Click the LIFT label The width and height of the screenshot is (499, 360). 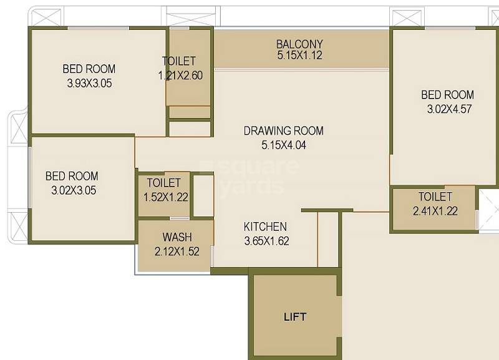[295, 316]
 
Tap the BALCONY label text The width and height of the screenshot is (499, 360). [299, 44]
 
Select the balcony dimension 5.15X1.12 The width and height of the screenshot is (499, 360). [299, 56]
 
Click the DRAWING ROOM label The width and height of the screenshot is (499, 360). [284, 131]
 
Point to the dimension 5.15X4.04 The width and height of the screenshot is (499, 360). [284, 145]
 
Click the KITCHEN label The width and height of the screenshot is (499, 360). [265, 226]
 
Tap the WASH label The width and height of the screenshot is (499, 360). [177, 238]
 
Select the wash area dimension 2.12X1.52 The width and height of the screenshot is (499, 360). [177, 251]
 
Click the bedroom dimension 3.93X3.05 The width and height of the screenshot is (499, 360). [89, 82]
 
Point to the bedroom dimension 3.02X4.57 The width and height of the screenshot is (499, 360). [448, 109]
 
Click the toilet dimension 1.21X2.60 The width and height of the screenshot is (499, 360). [180, 75]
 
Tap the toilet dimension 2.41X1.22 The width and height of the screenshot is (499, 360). [435, 211]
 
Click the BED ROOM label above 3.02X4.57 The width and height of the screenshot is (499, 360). [448, 95]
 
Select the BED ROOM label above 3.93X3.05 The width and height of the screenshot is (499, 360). [89, 69]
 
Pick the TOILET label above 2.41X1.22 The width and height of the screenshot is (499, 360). [435, 197]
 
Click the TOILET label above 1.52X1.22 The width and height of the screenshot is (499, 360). [164, 183]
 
